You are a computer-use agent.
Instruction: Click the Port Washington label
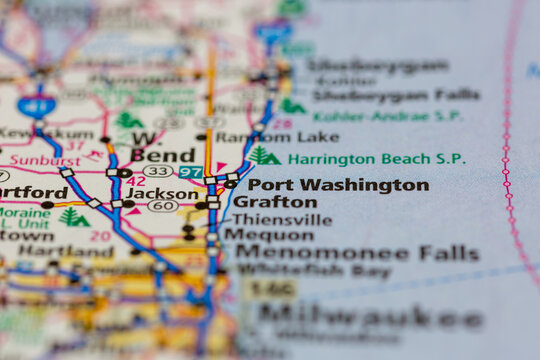pyautogui.click(x=337, y=185)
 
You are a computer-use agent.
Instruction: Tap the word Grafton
pyautogui.click(x=275, y=201)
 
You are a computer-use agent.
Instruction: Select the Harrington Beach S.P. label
pyautogui.click(x=376, y=158)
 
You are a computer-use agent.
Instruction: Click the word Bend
pyautogui.click(x=156, y=155)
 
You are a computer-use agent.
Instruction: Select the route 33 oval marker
pyautogui.click(x=156, y=172)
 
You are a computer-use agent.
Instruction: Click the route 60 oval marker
pyautogui.click(x=162, y=206)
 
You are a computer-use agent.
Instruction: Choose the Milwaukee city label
pyautogui.click(x=370, y=318)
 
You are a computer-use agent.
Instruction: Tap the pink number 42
pyautogui.click(x=137, y=181)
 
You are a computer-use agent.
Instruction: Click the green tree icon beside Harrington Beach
pyautogui.click(x=264, y=156)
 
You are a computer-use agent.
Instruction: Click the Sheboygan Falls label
pyautogui.click(x=395, y=95)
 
